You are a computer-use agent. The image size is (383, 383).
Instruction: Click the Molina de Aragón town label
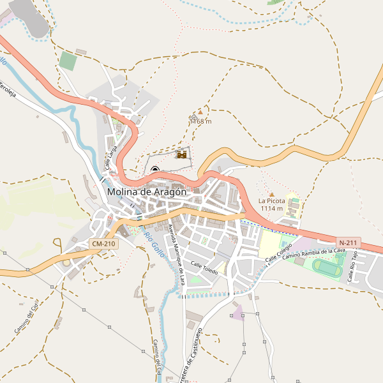coord(147,191)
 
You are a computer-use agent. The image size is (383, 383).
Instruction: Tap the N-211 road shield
coord(349,243)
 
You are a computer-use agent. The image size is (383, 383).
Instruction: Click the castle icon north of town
coord(182,154)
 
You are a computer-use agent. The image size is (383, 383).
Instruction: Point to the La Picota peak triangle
coord(272,194)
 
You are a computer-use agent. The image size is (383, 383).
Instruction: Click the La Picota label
coord(271,200)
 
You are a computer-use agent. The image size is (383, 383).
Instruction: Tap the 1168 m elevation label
coord(201,121)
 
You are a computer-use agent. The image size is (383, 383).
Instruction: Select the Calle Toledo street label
coord(204,268)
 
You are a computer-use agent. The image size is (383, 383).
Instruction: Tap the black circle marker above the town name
coord(155,170)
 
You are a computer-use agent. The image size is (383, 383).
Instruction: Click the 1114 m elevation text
coord(271,209)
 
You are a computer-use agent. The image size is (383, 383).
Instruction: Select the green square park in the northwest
coord(68,61)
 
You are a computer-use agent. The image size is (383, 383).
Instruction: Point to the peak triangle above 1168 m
coord(200,112)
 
